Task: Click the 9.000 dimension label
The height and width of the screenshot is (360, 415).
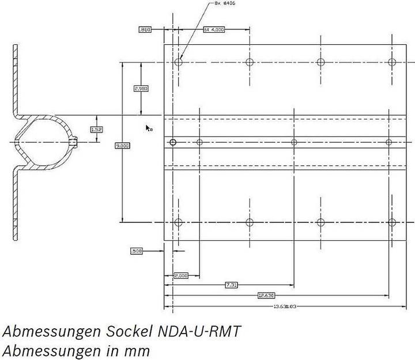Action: pyautogui.click(x=123, y=146)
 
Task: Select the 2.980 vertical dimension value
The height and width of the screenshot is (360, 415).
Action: pyautogui.click(x=141, y=89)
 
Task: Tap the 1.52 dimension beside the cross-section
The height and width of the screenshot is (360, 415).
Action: pyautogui.click(x=96, y=130)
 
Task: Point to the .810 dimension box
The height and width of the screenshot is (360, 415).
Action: pyautogui.click(x=144, y=29)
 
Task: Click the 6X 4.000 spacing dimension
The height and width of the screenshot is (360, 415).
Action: pyautogui.click(x=213, y=29)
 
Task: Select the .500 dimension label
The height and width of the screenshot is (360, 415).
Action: pyautogui.click(x=137, y=251)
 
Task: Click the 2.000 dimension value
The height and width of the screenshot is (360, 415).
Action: pyautogui.click(x=180, y=276)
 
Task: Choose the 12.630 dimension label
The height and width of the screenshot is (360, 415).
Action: pyautogui.click(x=266, y=295)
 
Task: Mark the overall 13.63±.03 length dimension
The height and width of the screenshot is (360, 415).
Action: pyautogui.click(x=285, y=306)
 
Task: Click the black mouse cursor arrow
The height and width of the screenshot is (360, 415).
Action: pyautogui.click(x=148, y=128)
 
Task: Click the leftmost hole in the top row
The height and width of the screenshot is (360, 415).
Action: pyautogui.click(x=179, y=62)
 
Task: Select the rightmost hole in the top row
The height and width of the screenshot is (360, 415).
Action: pyautogui.click(x=393, y=62)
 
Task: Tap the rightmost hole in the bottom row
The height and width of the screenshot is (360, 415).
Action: pyautogui.click(x=393, y=222)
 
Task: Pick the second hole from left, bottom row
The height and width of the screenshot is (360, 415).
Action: pyautogui.click(x=250, y=222)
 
